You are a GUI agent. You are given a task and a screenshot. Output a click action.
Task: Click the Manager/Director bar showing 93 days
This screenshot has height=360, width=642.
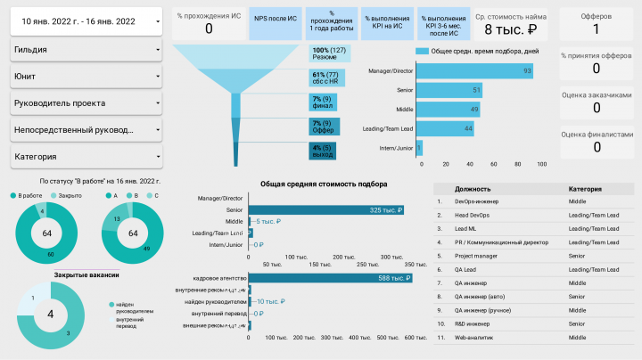coord(474,70)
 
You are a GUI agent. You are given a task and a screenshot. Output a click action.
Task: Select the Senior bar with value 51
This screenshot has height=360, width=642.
coord(449,90)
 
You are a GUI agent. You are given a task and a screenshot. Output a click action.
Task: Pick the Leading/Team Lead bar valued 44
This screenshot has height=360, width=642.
coord(444,129)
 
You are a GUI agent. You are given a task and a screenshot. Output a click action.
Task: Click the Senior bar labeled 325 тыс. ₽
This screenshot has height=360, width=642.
coord(325,210)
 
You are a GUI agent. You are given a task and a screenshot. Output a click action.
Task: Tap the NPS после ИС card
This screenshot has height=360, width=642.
coord(275,18)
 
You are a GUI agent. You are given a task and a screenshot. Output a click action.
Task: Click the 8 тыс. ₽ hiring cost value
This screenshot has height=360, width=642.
coord(509,29)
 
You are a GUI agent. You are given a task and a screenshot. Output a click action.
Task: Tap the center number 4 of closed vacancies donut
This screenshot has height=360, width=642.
coord(50,315)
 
